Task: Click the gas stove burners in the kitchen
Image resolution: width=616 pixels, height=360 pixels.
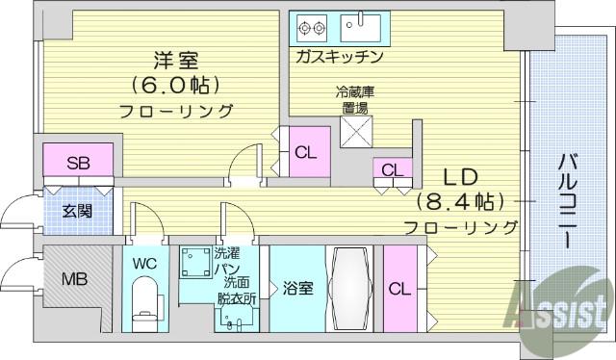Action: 312,28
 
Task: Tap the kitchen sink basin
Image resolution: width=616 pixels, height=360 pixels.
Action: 360,28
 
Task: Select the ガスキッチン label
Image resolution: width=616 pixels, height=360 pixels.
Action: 340,57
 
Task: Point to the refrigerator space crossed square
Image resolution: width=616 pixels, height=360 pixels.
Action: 356,132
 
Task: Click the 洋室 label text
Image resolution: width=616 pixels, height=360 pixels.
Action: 176,60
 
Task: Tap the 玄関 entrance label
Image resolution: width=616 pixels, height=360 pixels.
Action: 77,212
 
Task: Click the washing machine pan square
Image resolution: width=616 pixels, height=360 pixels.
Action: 195,262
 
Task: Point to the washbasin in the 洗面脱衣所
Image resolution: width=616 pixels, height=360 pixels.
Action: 235,318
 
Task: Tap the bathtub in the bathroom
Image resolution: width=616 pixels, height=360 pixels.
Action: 349,289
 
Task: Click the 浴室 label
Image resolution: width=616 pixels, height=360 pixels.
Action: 298,289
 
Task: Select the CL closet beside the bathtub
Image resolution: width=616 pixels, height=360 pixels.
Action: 400,289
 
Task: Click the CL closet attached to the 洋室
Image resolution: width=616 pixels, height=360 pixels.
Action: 310,152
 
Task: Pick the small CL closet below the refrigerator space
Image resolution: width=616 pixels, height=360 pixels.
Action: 393,168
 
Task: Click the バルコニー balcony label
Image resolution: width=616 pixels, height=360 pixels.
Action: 567,201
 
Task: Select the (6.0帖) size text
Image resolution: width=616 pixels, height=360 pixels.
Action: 175,85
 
